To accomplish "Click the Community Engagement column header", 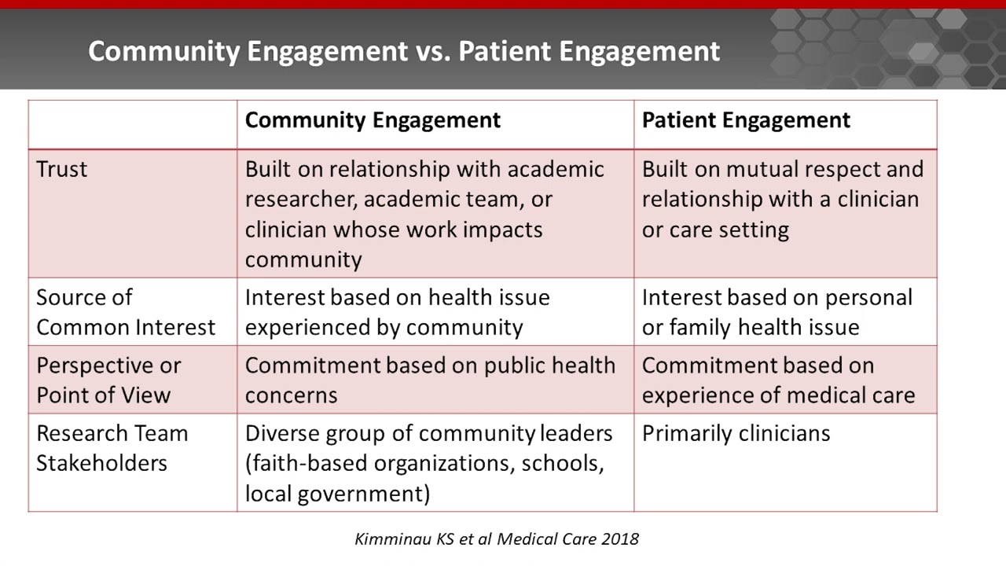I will point(373,120).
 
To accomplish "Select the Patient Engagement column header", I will point(746,120).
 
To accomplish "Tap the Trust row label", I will point(62,169).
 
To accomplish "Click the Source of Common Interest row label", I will point(126,312).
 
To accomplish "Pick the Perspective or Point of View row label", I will point(108,380).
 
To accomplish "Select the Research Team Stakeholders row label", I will point(112,447).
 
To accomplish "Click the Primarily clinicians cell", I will point(736,433).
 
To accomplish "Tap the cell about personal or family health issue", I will point(777,312).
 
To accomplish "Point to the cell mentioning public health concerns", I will point(430,380).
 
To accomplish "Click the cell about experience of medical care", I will point(778,380).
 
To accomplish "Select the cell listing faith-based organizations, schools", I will point(428,463).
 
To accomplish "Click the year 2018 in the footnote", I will point(621,539).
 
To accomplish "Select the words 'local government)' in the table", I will point(337,493).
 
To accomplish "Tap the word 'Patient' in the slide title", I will point(504,51).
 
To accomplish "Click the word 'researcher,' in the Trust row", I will point(300,199).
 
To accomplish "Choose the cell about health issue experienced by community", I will point(397,312).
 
